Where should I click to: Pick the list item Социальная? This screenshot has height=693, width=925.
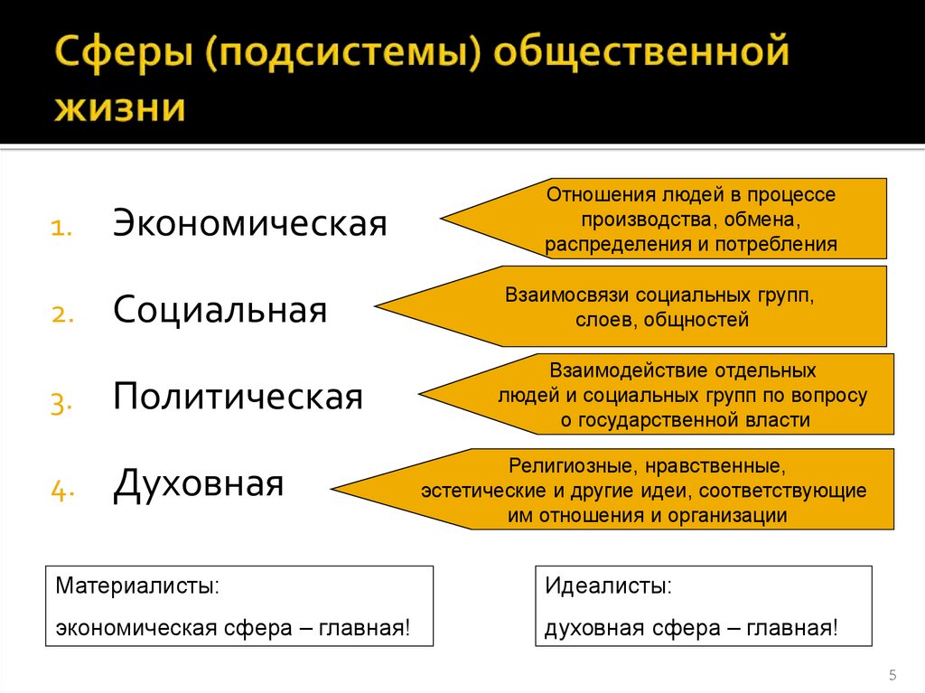tap(220, 311)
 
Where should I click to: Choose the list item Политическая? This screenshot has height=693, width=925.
tap(238, 398)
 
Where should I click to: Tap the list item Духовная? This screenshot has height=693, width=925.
tap(198, 484)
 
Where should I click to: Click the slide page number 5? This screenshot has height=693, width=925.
tap(892, 675)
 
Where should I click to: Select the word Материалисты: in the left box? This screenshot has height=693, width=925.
tap(137, 585)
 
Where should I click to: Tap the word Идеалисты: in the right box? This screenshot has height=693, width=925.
tap(608, 585)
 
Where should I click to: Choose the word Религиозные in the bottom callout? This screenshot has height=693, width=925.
tap(561, 467)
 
